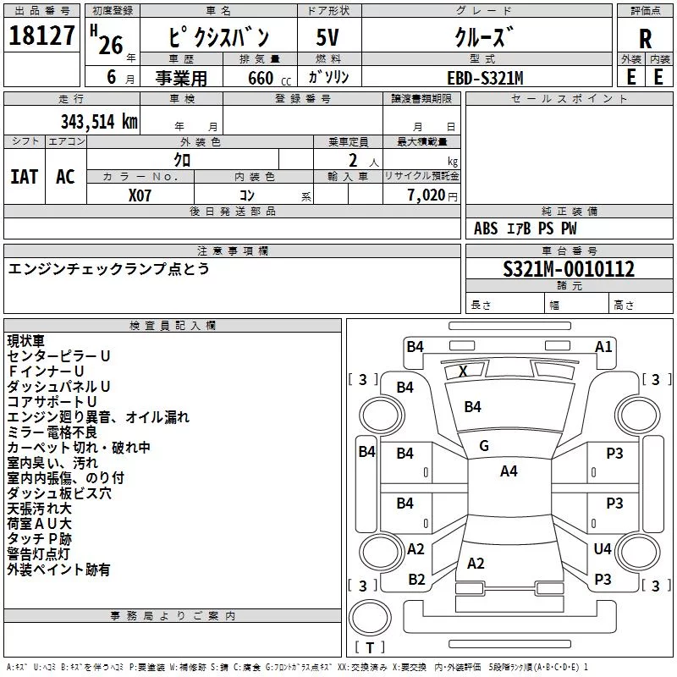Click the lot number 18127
41,36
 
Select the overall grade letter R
645,39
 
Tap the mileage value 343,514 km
99,122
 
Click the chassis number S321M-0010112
569,269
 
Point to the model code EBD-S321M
485,78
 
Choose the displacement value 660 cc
269,78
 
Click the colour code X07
140,195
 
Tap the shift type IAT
25,177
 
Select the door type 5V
327,37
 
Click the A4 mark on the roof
509,471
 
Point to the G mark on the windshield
484,446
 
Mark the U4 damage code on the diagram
603,548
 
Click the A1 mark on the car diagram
603,347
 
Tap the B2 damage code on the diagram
416,580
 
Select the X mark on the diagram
463,371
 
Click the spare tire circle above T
370,617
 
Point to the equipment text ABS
485,228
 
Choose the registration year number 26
111,46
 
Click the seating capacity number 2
353,161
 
